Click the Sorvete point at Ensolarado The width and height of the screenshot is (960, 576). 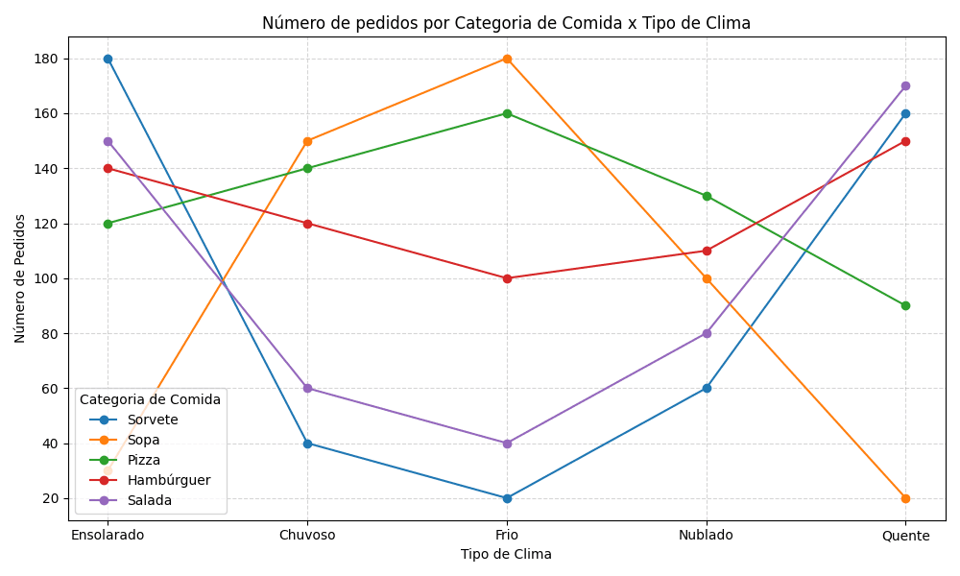[x=108, y=59]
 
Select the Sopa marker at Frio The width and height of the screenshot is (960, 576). [x=507, y=59]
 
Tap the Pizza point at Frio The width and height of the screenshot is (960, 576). [x=507, y=113]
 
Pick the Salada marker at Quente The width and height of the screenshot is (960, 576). [x=905, y=86]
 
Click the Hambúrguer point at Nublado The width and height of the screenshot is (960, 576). [x=707, y=251]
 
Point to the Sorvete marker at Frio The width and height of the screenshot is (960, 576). [x=507, y=498]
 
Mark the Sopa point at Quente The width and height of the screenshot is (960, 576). [x=905, y=498]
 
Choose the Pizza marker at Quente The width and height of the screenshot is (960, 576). [x=905, y=305]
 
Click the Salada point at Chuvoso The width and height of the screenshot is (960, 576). [x=307, y=388]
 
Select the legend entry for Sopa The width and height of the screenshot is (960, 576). [x=143, y=440]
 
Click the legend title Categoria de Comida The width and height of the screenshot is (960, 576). [x=150, y=399]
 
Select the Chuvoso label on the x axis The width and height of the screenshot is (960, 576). [x=307, y=535]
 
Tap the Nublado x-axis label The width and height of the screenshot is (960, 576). [x=707, y=535]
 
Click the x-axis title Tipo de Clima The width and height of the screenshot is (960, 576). [x=506, y=554]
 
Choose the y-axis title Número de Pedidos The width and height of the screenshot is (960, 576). [x=20, y=278]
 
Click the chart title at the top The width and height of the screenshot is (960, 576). [x=506, y=23]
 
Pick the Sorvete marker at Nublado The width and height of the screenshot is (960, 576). [x=707, y=388]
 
